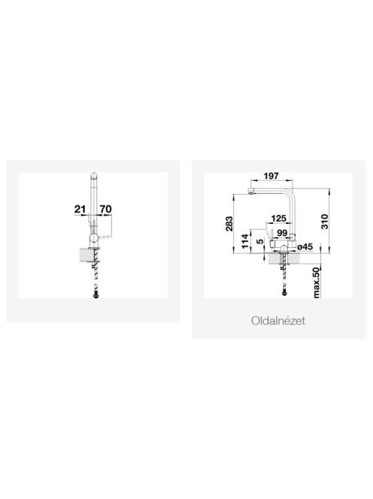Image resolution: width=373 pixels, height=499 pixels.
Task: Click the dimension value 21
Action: (x=80, y=209)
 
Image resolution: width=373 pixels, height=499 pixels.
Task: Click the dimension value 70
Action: (x=105, y=209)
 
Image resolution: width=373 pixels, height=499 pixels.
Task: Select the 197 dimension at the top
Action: (x=271, y=176)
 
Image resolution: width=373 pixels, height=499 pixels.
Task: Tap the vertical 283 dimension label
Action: (x=229, y=224)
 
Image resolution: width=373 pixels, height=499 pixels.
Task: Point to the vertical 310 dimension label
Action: (x=324, y=222)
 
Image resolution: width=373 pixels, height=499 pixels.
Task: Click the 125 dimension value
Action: (x=278, y=218)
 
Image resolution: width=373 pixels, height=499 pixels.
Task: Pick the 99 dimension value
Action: (x=282, y=233)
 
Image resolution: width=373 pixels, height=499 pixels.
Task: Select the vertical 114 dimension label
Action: (x=244, y=241)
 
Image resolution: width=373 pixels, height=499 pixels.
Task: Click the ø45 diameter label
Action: (x=305, y=246)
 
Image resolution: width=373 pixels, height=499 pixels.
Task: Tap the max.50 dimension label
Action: (x=316, y=283)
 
